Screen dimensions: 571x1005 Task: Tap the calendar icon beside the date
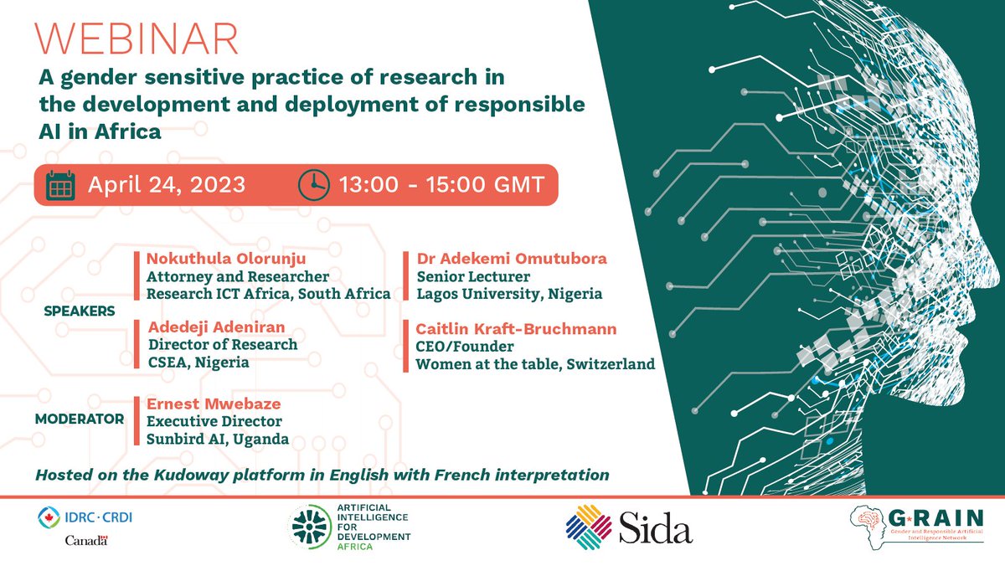[60, 184]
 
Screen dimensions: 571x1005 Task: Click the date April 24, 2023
[167, 184]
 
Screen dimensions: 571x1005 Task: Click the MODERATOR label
[80, 419]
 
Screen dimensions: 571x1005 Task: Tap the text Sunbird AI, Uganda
[218, 439]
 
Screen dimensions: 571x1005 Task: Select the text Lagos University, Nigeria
[509, 294]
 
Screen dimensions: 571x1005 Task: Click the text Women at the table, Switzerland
[535, 364]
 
